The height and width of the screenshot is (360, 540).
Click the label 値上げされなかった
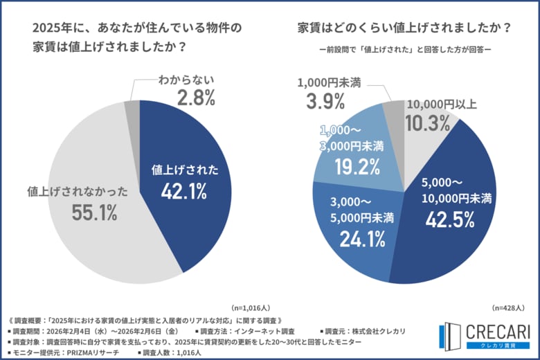point(78,191)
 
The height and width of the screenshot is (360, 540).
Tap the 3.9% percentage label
point(325,102)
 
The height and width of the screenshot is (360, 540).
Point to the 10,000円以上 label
point(442,105)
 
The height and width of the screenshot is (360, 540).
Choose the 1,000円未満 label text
point(330,82)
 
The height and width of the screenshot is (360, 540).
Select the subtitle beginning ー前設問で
point(404,51)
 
